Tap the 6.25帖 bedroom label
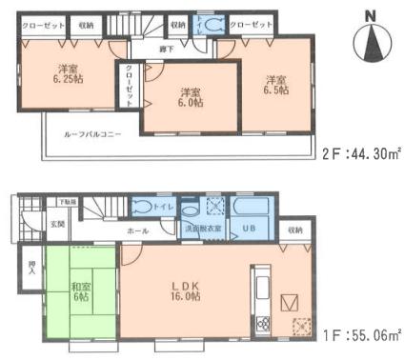[67, 73]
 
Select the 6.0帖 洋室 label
[190, 99]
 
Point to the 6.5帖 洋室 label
[276, 85]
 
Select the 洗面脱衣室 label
[204, 229]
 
